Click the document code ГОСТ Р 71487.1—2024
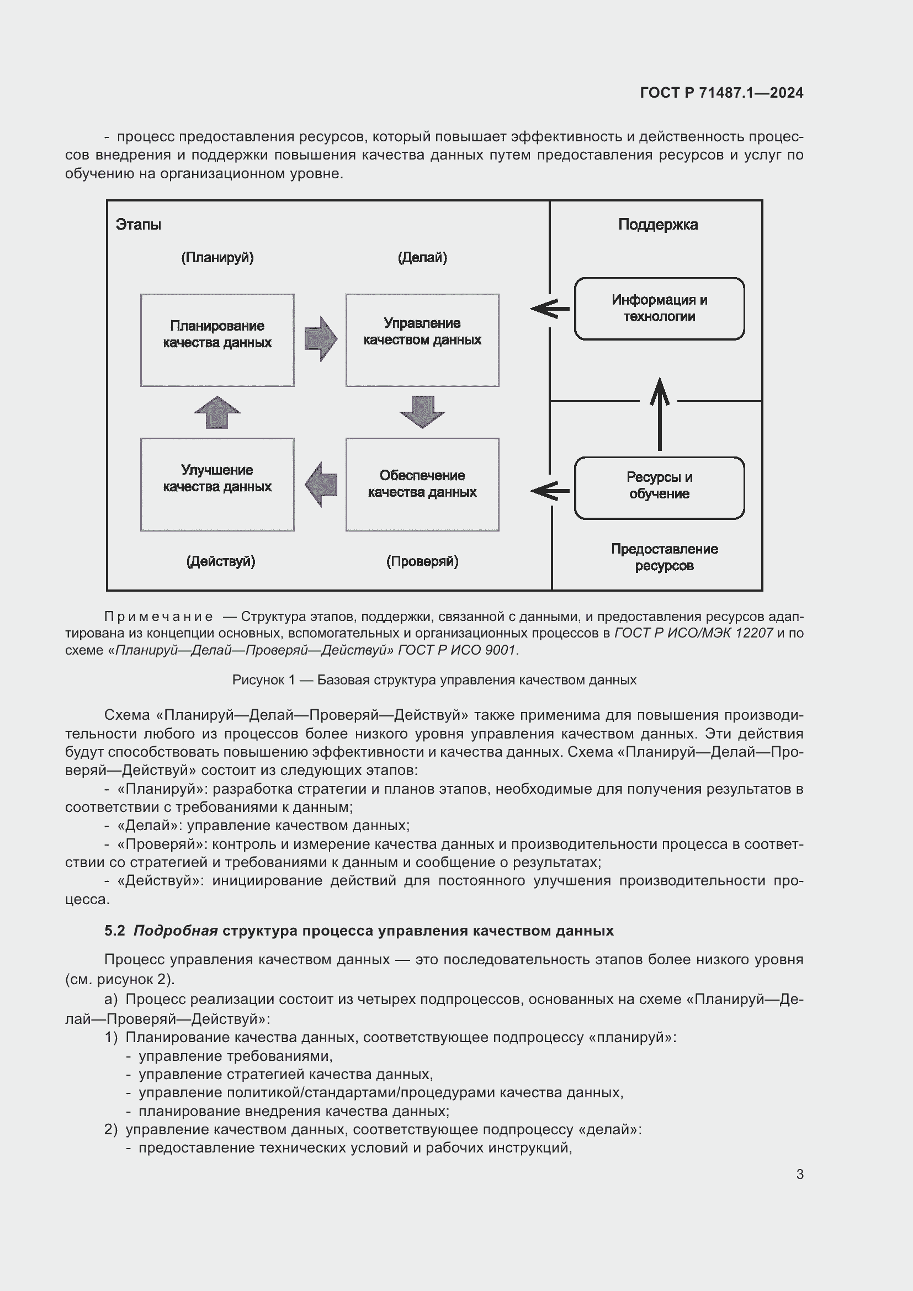point(721,93)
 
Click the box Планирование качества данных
point(217,339)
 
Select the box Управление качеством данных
point(422,339)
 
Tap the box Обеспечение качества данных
point(422,484)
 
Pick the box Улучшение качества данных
point(217,484)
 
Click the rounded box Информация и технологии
point(659,309)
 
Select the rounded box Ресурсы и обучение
point(659,487)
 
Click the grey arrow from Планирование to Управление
point(321,339)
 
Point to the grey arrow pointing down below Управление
point(422,412)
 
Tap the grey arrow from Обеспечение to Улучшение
point(321,484)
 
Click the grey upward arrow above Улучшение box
point(217,412)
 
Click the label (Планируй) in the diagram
point(217,258)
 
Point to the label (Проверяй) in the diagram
point(422,561)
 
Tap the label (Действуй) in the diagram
point(220,561)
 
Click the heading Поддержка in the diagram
point(658,225)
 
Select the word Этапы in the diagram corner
point(139,225)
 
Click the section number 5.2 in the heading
point(115,931)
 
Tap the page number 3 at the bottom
point(799,1174)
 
